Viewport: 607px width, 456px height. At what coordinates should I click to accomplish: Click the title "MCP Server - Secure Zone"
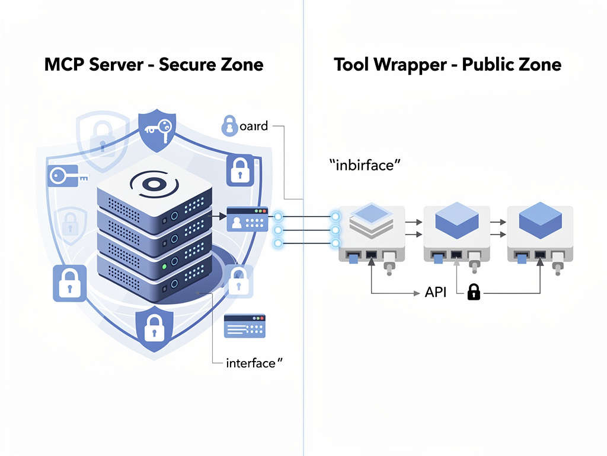(154, 64)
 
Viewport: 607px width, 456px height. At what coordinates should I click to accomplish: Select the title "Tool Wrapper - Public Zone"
(447, 64)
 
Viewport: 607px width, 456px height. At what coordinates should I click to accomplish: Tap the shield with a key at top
(157, 128)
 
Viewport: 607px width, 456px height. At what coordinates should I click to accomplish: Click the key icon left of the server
(66, 176)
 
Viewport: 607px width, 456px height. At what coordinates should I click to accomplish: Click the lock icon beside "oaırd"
(228, 125)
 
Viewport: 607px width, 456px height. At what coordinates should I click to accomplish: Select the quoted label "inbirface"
(361, 165)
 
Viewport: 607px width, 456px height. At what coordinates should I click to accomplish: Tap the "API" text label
(436, 292)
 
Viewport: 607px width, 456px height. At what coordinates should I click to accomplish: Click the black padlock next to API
(473, 292)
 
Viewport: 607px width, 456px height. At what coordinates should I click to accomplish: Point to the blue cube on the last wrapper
(540, 218)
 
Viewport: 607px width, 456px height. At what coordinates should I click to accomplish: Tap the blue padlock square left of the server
(69, 283)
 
